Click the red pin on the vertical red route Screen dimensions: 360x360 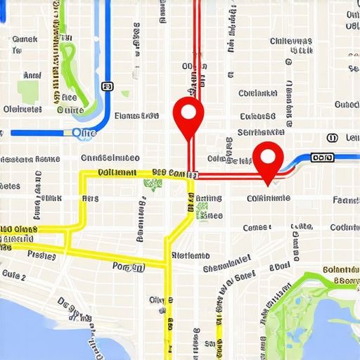click(x=188, y=115)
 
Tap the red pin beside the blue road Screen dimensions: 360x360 click(x=267, y=160)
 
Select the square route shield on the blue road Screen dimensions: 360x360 click(x=106, y=86)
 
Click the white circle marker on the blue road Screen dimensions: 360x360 click(x=77, y=132)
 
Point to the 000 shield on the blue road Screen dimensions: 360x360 click(x=323, y=158)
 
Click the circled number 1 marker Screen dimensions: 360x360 click(x=332, y=137)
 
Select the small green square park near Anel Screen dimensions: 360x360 click(x=28, y=91)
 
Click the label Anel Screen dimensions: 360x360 click(x=32, y=75)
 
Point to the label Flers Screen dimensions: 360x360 click(x=90, y=199)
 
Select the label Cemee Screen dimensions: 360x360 click(x=257, y=227)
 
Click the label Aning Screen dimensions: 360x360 click(x=208, y=199)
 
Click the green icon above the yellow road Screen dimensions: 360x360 click(x=152, y=184)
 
